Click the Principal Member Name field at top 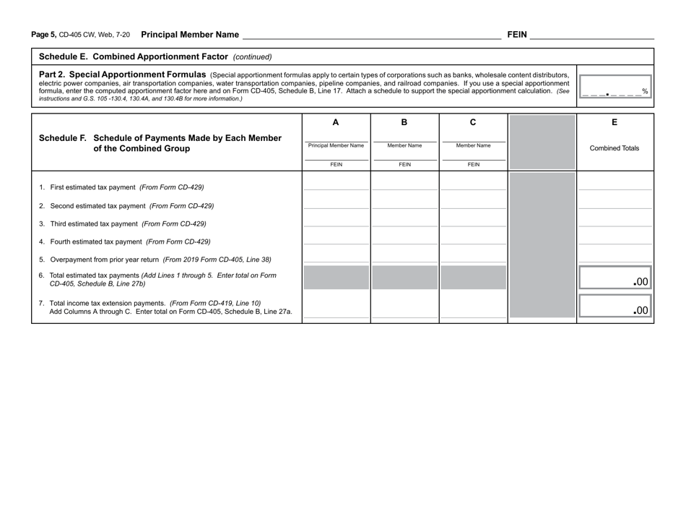click(371, 34)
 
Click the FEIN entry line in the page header click(591, 34)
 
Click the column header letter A click(336, 122)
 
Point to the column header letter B click(404, 122)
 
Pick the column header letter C click(473, 122)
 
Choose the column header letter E click(614, 122)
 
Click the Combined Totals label click(614, 148)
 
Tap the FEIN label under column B click(404, 164)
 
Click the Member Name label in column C click(473, 145)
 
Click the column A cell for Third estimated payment click(336, 217)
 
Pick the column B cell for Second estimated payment click(404, 199)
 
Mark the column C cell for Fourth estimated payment click(473, 235)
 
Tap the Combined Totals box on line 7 click(615, 307)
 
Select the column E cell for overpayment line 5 click(614, 253)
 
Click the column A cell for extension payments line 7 click(336, 304)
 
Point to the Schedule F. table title click(160, 143)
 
